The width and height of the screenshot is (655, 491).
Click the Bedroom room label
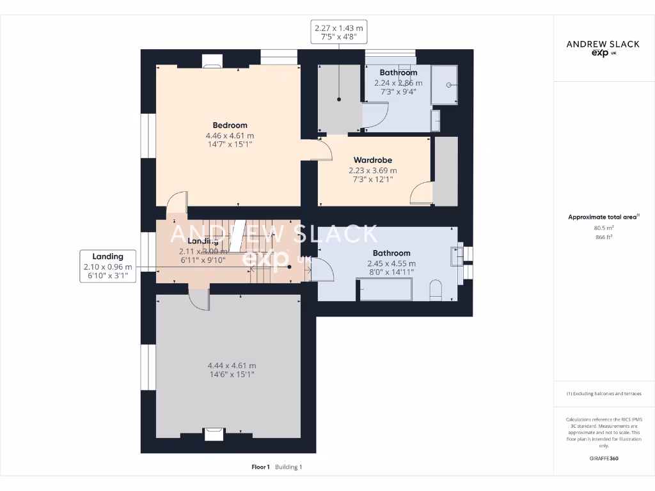[230, 125]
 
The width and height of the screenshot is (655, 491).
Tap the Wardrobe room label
[373, 160]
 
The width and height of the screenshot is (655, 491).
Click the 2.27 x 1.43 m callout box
[339, 32]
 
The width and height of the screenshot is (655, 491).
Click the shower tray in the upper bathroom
[445, 84]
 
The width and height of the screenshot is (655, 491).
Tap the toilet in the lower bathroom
[436, 290]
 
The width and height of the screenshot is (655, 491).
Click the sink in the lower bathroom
[457, 255]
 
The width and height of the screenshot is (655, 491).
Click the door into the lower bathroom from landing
[322, 271]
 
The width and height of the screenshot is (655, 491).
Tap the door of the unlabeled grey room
[199, 299]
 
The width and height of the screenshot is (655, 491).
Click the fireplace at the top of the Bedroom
[212, 61]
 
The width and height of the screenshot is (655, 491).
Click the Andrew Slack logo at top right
[603, 47]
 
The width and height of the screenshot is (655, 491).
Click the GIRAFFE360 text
[604, 458]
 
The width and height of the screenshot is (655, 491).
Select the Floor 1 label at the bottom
[261, 467]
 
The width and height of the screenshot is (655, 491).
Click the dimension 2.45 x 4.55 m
[391, 263]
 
